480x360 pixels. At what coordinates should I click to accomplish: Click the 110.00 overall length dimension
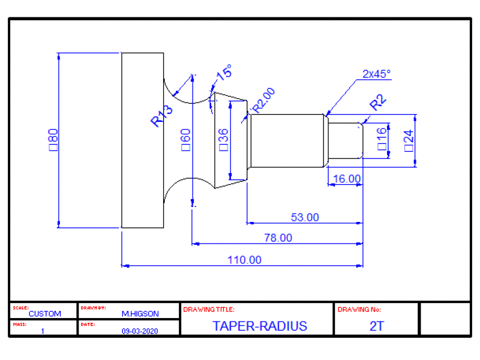click(244, 260)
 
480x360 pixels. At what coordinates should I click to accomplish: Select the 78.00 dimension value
click(278, 238)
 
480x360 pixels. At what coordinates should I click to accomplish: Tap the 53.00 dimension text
click(305, 217)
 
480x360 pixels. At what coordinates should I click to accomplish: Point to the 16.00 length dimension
click(346, 178)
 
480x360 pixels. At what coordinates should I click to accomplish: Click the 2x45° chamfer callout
click(376, 74)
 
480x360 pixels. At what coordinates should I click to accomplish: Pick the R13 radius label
click(161, 115)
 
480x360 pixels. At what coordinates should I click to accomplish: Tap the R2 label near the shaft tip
click(378, 103)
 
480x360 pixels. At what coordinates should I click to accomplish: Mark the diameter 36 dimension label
click(223, 139)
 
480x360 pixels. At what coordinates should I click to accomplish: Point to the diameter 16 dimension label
click(382, 139)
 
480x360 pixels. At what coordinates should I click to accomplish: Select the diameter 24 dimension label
click(409, 139)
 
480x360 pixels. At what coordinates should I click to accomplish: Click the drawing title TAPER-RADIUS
click(259, 326)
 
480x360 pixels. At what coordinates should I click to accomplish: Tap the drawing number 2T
click(376, 326)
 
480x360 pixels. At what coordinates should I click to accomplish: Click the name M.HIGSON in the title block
click(140, 314)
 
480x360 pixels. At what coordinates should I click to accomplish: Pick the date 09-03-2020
click(140, 331)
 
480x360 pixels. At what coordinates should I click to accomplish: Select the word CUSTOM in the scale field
click(44, 314)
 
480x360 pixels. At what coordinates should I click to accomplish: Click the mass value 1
click(43, 331)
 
